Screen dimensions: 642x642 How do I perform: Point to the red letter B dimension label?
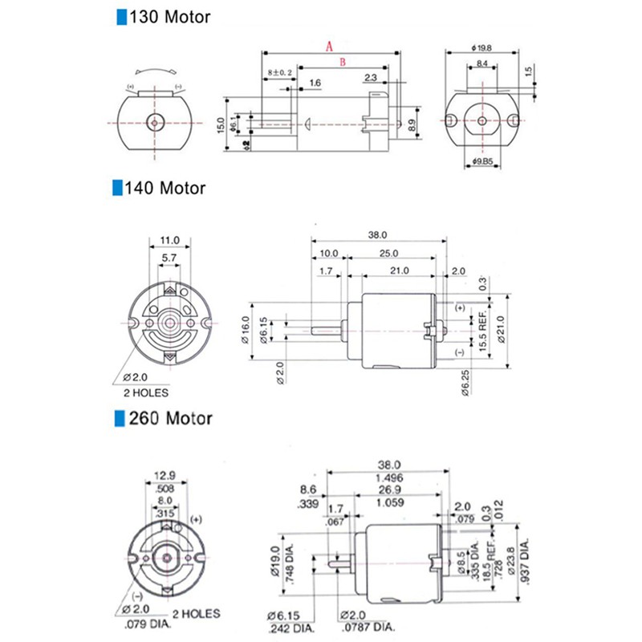click(342, 61)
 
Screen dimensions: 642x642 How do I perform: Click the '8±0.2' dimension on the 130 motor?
click(279, 72)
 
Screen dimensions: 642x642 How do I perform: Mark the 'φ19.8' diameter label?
click(481, 47)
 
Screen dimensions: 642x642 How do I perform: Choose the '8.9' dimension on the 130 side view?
click(412, 124)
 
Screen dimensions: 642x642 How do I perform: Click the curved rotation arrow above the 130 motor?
click(153, 70)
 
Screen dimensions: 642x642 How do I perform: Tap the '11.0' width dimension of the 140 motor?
click(169, 240)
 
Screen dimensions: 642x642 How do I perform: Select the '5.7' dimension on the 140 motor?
click(169, 258)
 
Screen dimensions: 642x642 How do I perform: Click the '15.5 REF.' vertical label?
click(483, 327)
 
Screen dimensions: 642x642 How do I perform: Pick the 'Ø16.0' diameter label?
click(246, 329)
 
